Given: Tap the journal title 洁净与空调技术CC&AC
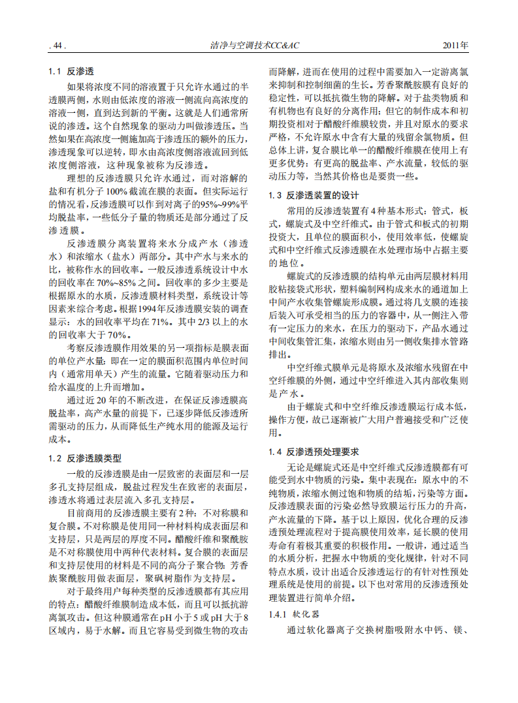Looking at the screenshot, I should pyautogui.click(x=259, y=46).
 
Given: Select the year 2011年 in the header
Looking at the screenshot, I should pyautogui.click(x=455, y=46).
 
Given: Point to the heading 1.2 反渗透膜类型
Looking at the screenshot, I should pyautogui.click(x=85, y=458).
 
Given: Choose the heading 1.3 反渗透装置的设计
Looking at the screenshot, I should pyautogui.click(x=314, y=195).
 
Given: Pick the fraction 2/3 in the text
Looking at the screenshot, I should pyautogui.click(x=200, y=322).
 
